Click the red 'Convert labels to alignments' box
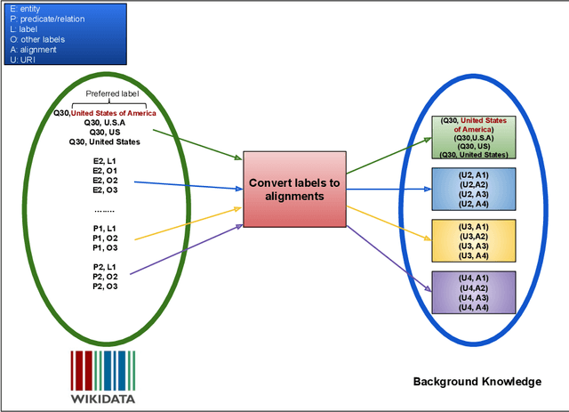(x=294, y=190)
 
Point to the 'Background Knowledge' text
(x=477, y=382)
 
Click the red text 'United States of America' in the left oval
(x=114, y=113)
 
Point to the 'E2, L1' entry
(x=104, y=160)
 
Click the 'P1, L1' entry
(x=104, y=228)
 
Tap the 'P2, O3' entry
(x=104, y=286)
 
